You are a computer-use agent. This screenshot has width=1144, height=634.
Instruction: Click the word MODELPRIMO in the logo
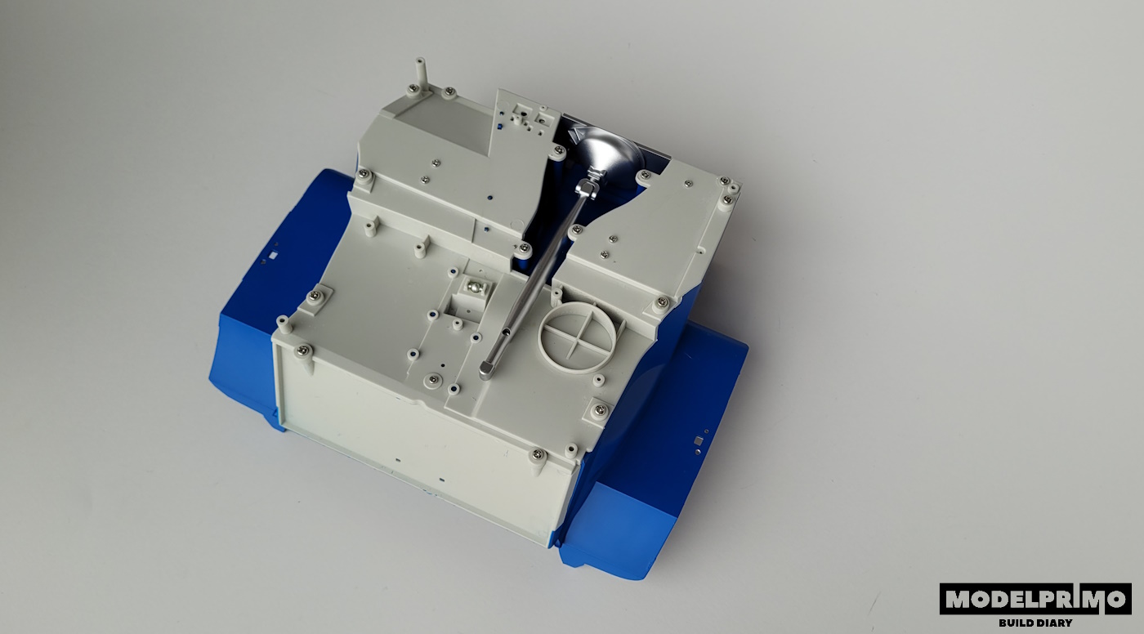point(1035,599)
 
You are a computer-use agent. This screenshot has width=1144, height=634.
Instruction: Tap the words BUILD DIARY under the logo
point(1035,623)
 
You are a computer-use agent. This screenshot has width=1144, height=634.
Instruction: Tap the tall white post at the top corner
point(420,75)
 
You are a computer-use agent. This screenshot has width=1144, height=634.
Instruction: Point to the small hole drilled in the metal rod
point(505,332)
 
